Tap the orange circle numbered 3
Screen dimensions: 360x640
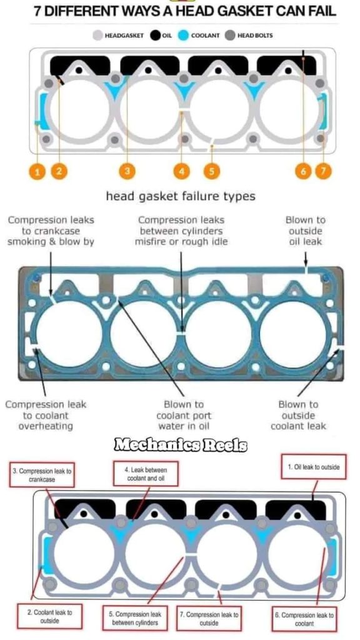[x=127, y=171]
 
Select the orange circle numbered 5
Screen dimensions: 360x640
[x=211, y=171]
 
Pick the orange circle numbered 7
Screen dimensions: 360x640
[x=324, y=171]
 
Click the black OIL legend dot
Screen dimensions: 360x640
[x=155, y=36]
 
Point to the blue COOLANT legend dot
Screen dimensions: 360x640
[x=184, y=36]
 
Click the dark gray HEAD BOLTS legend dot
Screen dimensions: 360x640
[x=230, y=36]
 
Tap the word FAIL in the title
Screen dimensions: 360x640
[x=319, y=11]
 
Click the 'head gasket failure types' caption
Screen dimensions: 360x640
[x=181, y=197]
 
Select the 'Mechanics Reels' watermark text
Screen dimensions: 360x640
[x=180, y=444]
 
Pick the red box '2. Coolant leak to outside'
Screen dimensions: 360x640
[x=50, y=616]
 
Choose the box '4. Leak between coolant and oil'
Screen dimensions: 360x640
[x=146, y=474]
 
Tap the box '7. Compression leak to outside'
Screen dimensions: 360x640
[x=209, y=619]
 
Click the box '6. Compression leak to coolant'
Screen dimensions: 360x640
[x=304, y=619]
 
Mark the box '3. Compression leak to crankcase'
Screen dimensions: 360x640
[x=42, y=475]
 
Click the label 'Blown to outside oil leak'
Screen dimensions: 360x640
[x=306, y=231]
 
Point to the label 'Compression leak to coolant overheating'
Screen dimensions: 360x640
[x=46, y=416]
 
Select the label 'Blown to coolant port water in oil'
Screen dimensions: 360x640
[x=184, y=416]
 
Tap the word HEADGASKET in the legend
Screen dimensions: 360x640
[x=124, y=36]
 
